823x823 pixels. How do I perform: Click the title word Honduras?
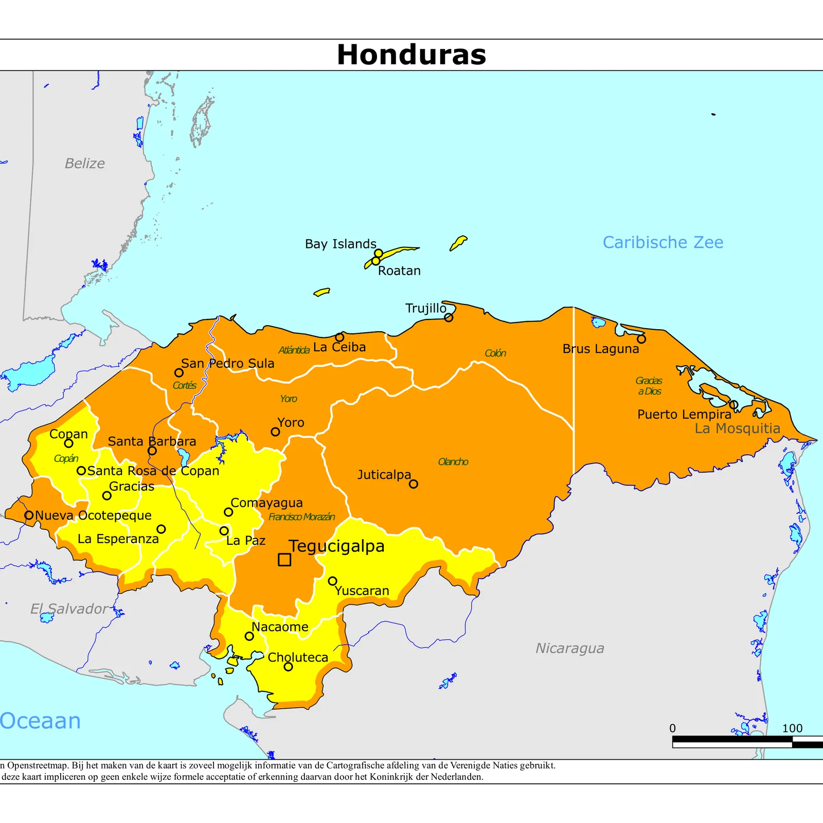point(411,55)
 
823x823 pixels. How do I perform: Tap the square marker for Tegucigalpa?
point(284,560)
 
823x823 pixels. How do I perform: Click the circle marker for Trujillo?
point(449,317)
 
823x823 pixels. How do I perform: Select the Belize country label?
point(85,164)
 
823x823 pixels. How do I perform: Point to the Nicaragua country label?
point(569,648)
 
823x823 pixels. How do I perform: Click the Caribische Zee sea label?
point(663,242)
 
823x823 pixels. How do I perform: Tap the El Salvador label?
point(69,609)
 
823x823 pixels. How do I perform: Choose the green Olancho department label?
point(453,462)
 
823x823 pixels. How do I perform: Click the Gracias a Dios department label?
point(649,386)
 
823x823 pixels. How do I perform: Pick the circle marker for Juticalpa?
point(414,484)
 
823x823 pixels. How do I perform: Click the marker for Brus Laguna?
point(641,339)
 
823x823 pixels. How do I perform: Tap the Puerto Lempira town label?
point(684,415)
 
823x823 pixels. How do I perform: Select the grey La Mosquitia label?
point(737,428)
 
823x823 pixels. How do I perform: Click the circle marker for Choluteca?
point(289,667)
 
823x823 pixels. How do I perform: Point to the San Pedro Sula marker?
point(179,372)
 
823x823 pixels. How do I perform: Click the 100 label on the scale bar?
point(792,728)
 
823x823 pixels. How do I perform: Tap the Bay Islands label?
point(341,244)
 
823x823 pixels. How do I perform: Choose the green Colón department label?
point(495,353)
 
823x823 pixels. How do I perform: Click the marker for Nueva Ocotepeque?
point(29,515)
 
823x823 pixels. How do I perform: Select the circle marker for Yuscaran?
point(333,581)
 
